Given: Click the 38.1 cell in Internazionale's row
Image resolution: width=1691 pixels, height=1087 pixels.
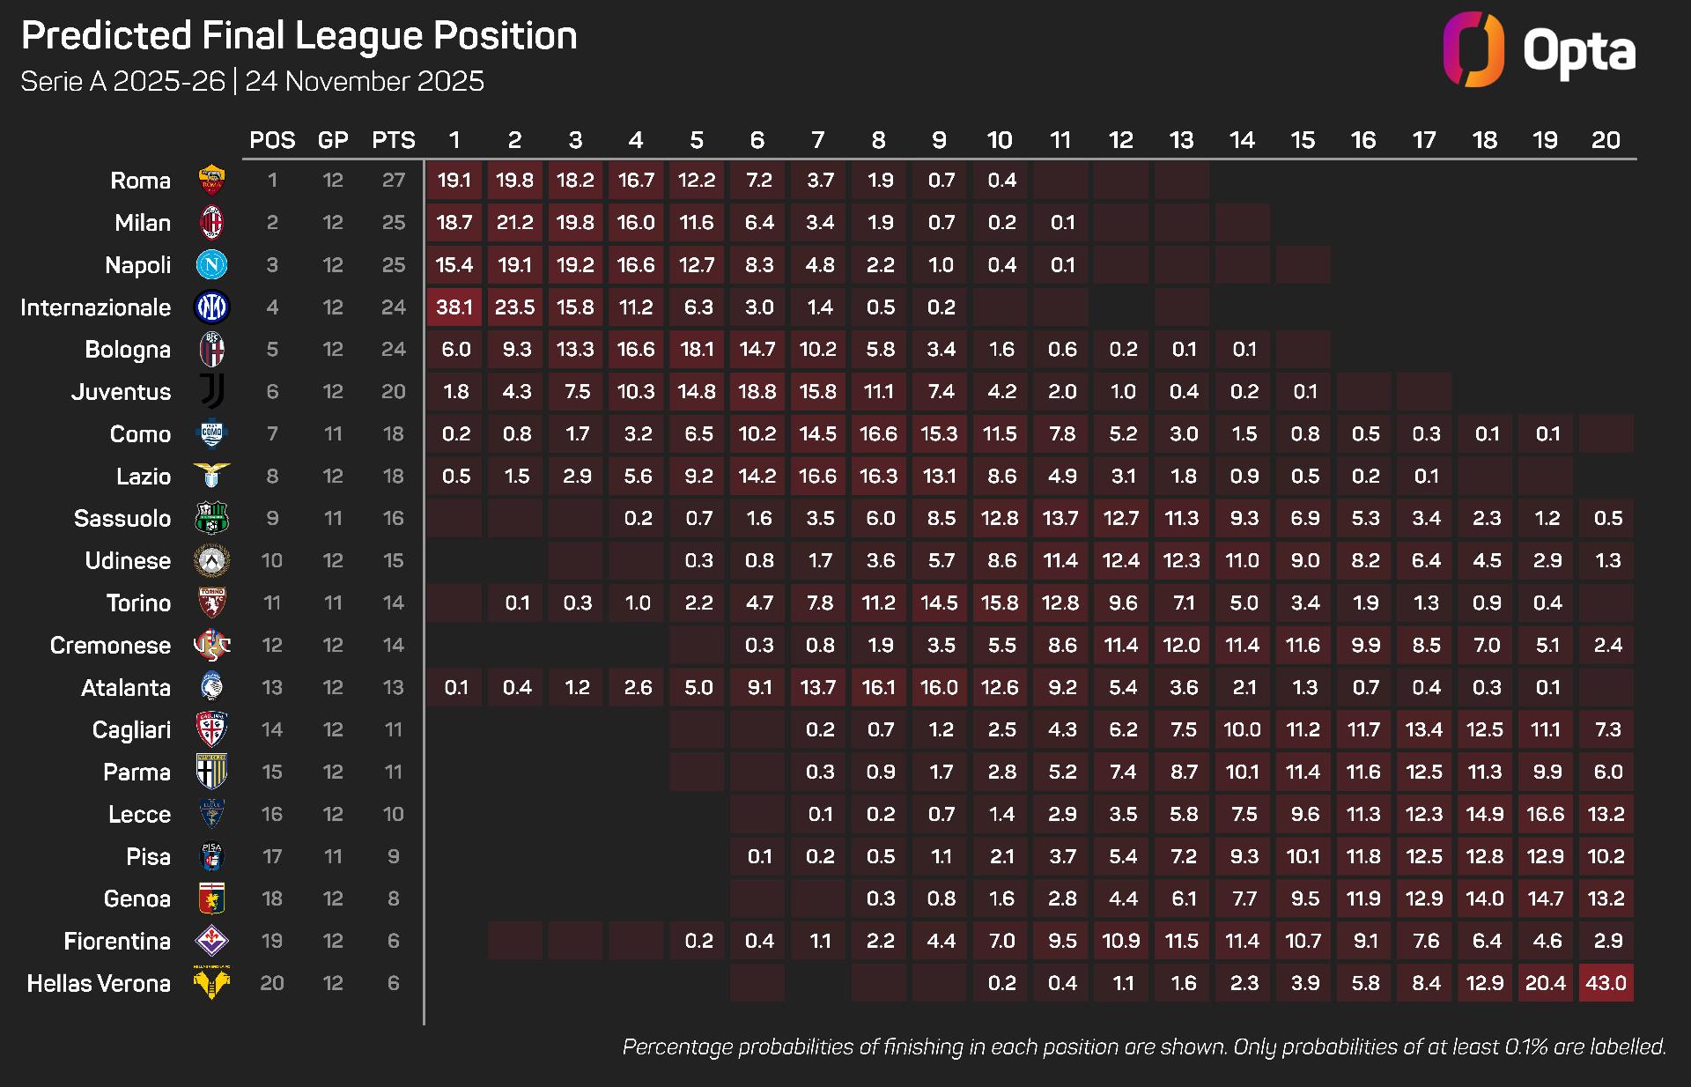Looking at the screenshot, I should coord(454,307).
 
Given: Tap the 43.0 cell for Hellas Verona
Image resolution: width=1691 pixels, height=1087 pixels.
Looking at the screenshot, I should coord(1606,983).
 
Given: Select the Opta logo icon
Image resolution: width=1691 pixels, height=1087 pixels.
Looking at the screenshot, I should coord(1473,49).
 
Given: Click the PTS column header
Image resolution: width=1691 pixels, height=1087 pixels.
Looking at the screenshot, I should coord(394,140).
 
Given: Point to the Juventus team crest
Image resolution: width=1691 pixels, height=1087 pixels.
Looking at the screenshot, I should coord(211,392).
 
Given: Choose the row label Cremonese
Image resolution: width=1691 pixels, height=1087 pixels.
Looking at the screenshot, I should coord(110,646).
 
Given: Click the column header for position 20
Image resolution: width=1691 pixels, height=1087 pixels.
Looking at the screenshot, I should coord(1606,140).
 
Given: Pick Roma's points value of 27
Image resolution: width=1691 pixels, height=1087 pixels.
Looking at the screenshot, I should coord(394,181).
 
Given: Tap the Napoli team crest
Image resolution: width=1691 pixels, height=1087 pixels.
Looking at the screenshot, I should coord(211,265).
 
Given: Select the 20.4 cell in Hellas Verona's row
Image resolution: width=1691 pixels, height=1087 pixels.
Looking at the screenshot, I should coord(1546,983).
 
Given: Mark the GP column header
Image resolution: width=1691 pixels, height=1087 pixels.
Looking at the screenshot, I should coord(333,140).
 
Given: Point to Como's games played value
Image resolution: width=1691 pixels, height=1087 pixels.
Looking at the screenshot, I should coord(333,434).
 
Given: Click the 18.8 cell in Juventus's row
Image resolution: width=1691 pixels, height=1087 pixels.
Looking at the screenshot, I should coord(757,392).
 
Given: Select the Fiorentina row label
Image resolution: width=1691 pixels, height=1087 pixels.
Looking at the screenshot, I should coord(117,942).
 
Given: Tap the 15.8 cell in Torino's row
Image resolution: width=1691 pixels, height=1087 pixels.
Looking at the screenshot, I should coord(1000,603).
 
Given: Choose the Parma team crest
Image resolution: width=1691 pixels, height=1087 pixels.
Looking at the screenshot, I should coord(211,772).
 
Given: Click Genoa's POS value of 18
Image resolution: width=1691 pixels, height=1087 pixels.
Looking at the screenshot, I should coord(272,899).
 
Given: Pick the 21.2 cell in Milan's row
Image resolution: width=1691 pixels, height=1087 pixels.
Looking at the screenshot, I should coord(514,223).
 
